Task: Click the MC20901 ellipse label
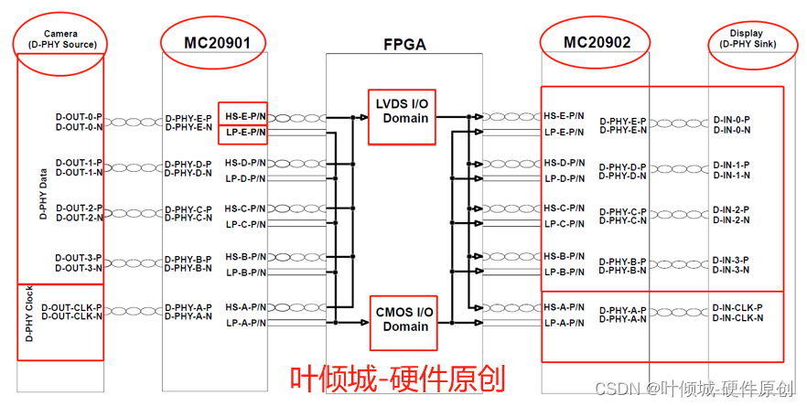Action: (x=213, y=42)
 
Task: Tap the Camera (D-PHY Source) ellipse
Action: (x=59, y=38)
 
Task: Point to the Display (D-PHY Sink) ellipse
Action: (x=747, y=38)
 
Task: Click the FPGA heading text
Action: (x=404, y=44)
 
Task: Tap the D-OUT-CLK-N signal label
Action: (x=79, y=316)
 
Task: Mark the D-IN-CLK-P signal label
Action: (x=737, y=307)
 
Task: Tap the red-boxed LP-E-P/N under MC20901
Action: (x=243, y=134)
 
